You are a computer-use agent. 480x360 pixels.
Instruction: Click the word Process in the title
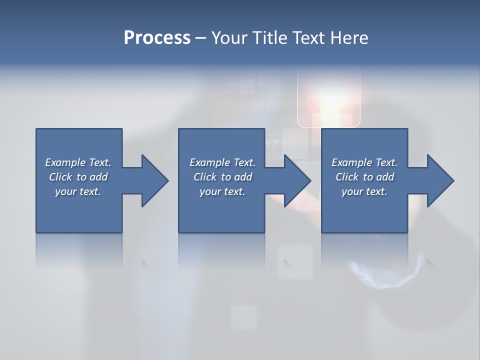pos(157,38)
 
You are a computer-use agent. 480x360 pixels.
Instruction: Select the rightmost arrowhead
pos(439,180)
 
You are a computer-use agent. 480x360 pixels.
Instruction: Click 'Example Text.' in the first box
pos(78,162)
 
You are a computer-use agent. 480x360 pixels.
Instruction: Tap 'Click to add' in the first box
pos(78,177)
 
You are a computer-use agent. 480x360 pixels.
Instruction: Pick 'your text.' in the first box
pos(78,191)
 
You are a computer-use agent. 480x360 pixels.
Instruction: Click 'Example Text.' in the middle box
pos(222,162)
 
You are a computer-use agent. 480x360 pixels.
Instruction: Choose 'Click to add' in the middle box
pos(222,177)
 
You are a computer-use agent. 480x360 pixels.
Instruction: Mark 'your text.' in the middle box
pos(222,191)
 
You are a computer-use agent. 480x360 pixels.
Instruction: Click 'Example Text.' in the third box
pos(364,162)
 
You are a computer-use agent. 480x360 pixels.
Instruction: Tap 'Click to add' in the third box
pos(364,177)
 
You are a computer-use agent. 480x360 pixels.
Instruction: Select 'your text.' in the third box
pos(364,191)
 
